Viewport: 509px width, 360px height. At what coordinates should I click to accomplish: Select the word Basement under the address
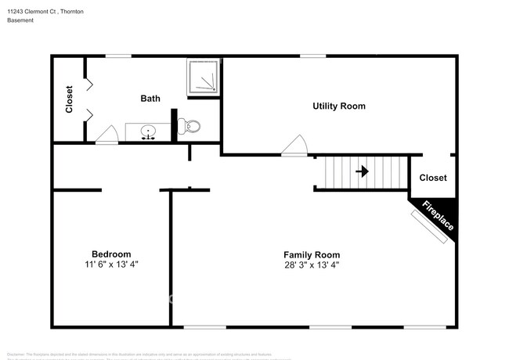point(21,20)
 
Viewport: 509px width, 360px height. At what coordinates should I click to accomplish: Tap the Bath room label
point(150,99)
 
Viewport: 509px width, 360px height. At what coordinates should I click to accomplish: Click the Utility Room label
point(339,106)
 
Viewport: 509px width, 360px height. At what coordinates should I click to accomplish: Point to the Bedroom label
point(111,254)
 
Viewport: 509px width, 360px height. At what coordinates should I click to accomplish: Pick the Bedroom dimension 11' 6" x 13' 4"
point(111,265)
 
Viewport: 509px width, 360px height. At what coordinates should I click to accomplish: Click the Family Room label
point(312,254)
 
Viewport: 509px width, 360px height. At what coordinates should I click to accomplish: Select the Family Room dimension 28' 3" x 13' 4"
point(312,265)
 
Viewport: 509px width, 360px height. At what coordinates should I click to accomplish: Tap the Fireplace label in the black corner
point(438,216)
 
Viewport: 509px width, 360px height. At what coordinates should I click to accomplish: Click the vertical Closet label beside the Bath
point(69,99)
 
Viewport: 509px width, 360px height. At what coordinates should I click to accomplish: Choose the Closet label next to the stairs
point(433,178)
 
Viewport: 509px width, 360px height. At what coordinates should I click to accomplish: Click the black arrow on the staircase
point(363,170)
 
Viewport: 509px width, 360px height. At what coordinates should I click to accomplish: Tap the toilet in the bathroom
point(190,125)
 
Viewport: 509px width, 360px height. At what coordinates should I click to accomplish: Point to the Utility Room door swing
point(294,146)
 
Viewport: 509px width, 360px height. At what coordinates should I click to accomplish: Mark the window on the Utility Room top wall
point(313,56)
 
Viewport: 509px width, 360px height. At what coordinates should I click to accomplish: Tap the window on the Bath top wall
point(118,56)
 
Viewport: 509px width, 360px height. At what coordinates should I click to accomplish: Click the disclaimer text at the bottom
point(149,354)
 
